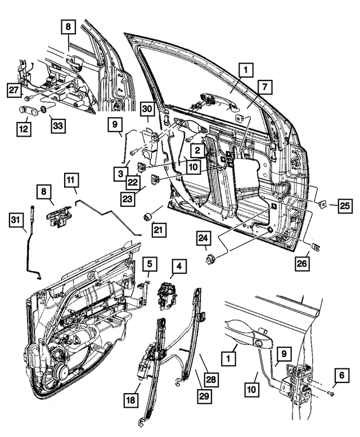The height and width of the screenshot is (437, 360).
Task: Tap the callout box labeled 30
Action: (x=146, y=109)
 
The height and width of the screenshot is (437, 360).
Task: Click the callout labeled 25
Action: (x=345, y=206)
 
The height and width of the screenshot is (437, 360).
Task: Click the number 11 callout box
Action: (x=70, y=180)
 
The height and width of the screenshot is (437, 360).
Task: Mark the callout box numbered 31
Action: (x=17, y=220)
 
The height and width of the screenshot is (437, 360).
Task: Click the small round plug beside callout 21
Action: (x=150, y=217)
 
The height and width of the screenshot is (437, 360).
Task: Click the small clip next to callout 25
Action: (x=323, y=204)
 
